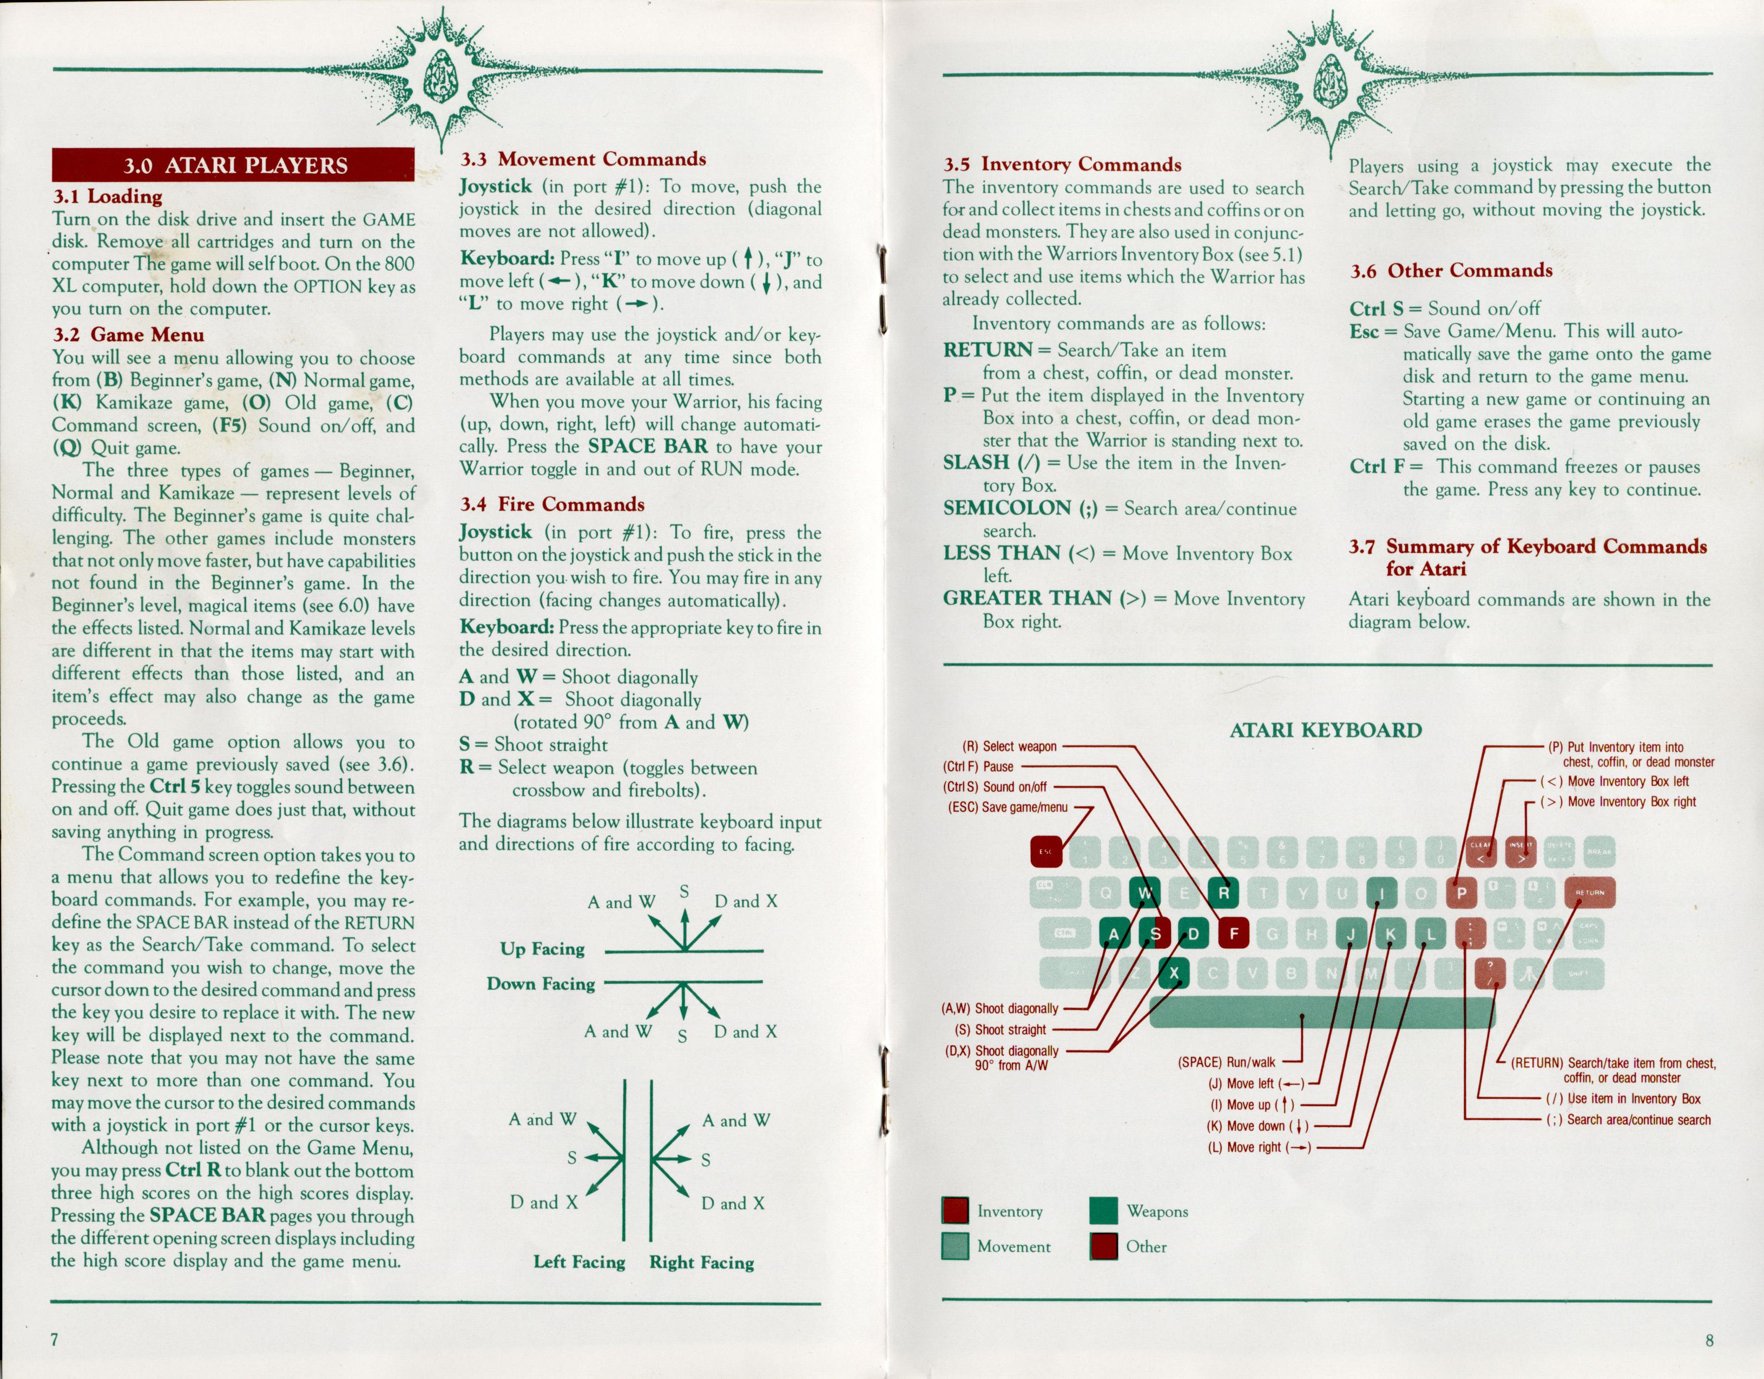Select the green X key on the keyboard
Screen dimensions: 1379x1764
(1174, 974)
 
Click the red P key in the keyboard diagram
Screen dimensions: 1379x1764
(1460, 892)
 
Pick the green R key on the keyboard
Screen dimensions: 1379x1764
(1223, 892)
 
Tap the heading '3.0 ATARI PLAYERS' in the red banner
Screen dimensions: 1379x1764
(234, 166)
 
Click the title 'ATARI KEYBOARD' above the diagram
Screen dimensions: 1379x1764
(1325, 730)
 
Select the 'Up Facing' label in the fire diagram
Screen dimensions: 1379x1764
(542, 948)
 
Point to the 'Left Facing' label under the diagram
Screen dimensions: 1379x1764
(579, 1262)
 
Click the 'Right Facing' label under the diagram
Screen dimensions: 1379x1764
(701, 1262)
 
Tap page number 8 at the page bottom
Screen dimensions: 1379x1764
(1709, 1340)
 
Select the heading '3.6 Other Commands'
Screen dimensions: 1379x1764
(1451, 271)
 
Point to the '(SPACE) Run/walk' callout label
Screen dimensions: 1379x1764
(1226, 1062)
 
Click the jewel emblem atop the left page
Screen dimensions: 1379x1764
(442, 77)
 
